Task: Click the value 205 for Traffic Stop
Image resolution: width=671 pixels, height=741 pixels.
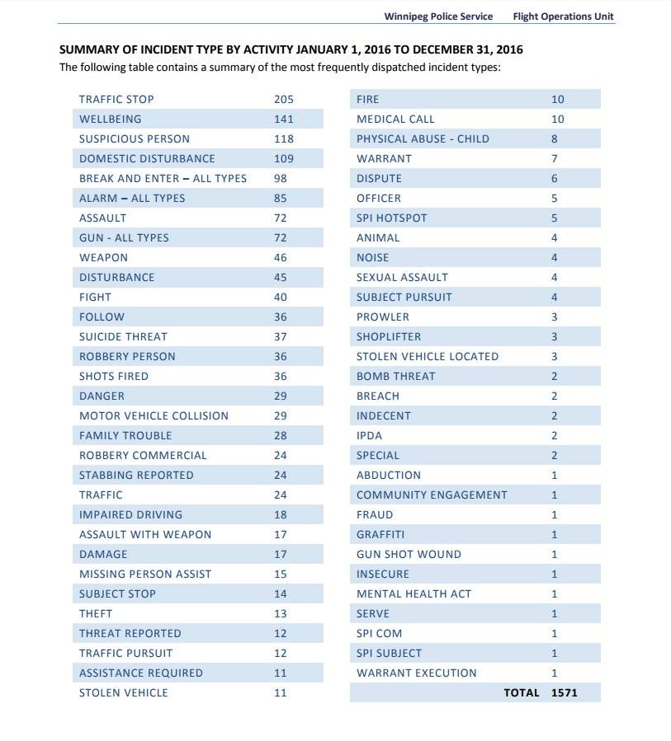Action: click(x=283, y=99)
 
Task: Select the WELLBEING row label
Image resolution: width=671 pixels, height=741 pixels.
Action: click(x=111, y=119)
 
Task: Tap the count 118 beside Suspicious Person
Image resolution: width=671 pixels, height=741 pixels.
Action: click(x=283, y=139)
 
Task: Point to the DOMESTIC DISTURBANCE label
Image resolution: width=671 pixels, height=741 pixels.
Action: click(x=147, y=159)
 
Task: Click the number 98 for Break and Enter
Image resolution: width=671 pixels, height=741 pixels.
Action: click(x=280, y=179)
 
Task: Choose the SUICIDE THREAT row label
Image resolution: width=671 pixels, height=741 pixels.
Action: click(x=124, y=337)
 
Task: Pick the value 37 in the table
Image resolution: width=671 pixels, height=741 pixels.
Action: click(x=280, y=337)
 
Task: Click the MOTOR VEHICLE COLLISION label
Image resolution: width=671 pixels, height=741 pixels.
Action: click(x=154, y=416)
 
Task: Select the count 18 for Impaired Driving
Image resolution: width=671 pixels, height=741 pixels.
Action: click(x=280, y=514)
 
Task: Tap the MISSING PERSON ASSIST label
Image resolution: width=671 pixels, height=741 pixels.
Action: click(x=145, y=575)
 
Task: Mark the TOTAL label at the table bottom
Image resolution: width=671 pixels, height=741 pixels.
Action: click(x=522, y=693)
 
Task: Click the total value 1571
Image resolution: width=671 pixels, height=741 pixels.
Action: click(x=564, y=693)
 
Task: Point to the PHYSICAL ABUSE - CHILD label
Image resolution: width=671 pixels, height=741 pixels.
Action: click(x=423, y=139)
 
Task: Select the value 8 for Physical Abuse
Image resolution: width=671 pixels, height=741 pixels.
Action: click(x=554, y=139)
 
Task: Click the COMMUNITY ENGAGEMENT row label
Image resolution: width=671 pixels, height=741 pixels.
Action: click(x=432, y=495)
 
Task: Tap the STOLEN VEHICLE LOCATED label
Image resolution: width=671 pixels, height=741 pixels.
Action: click(x=428, y=356)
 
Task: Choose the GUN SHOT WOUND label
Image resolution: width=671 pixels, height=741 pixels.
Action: click(x=409, y=555)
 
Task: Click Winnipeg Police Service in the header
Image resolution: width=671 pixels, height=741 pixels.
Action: click(x=438, y=16)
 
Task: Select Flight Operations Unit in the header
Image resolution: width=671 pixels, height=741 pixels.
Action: click(x=563, y=16)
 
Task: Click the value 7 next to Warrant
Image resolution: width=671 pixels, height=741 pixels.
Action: click(x=554, y=159)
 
